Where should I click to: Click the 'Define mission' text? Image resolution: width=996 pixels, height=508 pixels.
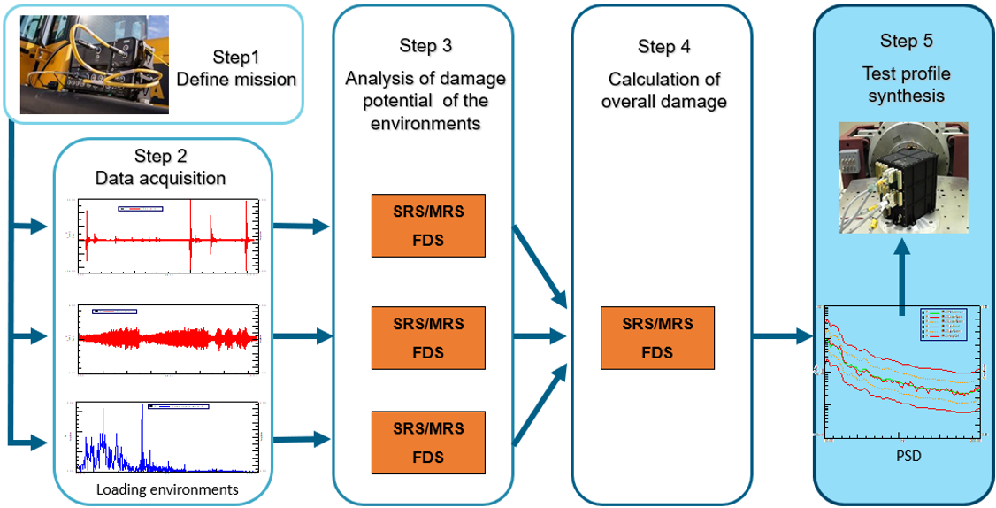pos(236,80)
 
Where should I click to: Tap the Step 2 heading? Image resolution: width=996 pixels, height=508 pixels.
pos(161,157)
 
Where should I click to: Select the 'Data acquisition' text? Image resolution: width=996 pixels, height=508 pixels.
pos(161,178)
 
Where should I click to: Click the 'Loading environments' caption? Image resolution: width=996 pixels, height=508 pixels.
pos(167,489)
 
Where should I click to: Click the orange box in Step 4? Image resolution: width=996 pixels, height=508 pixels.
pos(656,337)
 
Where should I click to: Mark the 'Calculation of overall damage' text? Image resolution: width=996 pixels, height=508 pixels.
pos(663,91)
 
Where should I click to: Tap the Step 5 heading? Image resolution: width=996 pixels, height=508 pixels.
pos(906,41)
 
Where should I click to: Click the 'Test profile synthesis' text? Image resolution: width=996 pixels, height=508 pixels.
pos(906,83)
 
